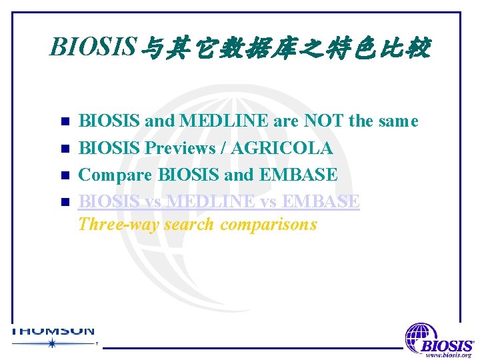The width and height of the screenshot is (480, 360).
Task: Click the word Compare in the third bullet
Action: [x=115, y=175]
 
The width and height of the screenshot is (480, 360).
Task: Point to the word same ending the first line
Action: [x=397, y=121]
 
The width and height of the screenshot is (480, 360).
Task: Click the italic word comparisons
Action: [x=269, y=224]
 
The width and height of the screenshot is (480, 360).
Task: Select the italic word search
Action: [x=189, y=224]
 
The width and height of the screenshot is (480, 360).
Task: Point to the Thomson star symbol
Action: [x=52, y=343]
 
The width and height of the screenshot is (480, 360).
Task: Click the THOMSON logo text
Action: [x=53, y=331]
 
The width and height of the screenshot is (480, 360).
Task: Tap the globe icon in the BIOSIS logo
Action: [x=421, y=336]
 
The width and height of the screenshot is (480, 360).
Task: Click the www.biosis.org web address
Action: [x=448, y=355]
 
